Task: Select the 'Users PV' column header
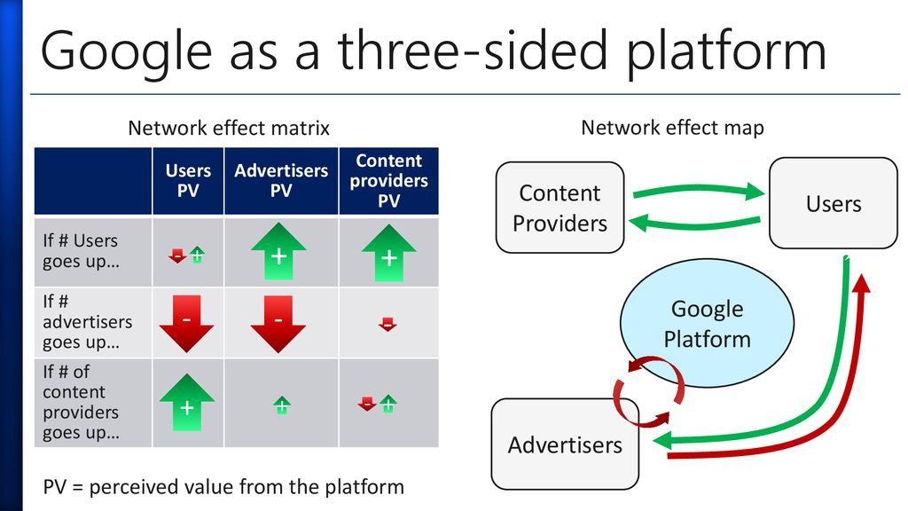point(188,180)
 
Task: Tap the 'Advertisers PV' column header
point(280,180)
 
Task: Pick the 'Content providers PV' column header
point(388,180)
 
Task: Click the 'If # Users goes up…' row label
point(80,251)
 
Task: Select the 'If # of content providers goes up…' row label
point(81,402)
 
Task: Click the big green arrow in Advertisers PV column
point(278,252)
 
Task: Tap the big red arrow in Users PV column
point(186,323)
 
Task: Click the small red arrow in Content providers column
point(387,324)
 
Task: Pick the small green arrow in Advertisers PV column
point(281,405)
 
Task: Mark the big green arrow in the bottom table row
point(187,404)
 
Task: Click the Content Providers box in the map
point(560,207)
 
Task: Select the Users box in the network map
point(833,203)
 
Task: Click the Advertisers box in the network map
point(565,444)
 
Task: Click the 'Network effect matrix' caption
point(229,128)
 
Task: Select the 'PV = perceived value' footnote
point(223,486)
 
